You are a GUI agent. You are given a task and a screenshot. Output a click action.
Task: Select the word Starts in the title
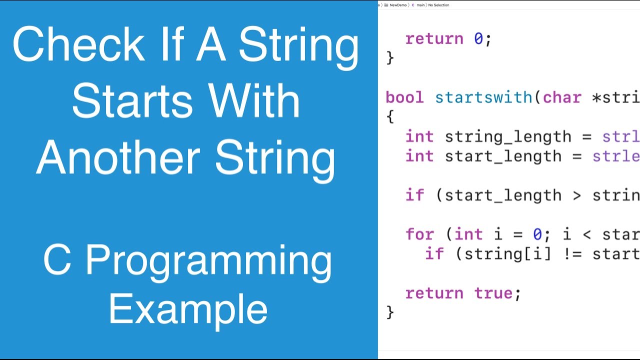click(132, 101)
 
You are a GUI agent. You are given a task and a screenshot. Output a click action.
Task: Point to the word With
click(255, 101)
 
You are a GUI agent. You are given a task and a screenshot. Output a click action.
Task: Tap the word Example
click(188, 309)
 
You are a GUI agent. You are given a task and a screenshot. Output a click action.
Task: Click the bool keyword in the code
click(404, 97)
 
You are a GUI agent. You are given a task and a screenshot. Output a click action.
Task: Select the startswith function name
click(483, 97)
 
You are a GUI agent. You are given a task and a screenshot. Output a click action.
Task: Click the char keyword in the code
click(562, 97)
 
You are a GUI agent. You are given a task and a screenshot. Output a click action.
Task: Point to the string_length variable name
click(508, 136)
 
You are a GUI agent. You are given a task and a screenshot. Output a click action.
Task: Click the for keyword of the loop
click(420, 234)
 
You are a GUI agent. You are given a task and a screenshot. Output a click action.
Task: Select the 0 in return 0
click(478, 39)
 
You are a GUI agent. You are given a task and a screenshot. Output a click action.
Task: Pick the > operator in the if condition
click(576, 195)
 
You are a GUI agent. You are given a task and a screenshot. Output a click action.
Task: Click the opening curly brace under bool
click(390, 117)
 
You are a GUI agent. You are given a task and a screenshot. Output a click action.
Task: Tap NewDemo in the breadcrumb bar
click(398, 5)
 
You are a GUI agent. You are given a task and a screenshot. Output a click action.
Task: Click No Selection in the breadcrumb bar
click(438, 5)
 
